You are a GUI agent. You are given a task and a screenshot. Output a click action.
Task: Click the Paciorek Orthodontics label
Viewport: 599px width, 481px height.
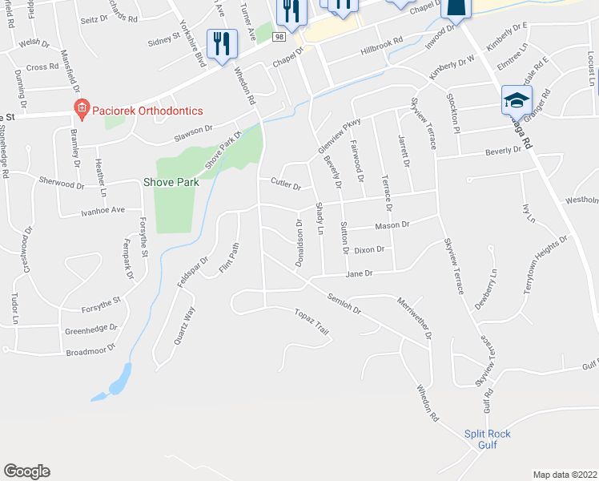pyautogui.click(x=147, y=111)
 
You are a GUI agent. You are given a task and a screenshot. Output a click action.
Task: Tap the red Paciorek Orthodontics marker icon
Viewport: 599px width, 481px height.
pyautogui.click(x=80, y=107)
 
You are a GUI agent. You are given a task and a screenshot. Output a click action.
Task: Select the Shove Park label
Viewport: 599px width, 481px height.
pyautogui.click(x=171, y=183)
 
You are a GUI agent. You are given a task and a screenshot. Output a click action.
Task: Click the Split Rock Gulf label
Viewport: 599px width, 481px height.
pyautogui.click(x=488, y=439)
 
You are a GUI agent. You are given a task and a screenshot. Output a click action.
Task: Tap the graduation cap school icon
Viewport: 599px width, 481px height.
pyautogui.click(x=517, y=100)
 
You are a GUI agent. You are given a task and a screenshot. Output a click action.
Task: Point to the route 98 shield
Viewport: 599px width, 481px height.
pyautogui.click(x=279, y=37)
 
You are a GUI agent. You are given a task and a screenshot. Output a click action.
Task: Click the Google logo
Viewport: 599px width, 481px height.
pyautogui.click(x=26, y=471)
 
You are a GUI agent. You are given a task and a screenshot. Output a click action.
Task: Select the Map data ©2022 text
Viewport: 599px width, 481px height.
pyautogui.click(x=565, y=474)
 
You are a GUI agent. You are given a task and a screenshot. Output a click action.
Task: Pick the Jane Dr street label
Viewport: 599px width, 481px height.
pyautogui.click(x=359, y=273)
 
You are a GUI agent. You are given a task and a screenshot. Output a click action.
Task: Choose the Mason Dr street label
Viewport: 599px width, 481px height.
pyautogui.click(x=392, y=225)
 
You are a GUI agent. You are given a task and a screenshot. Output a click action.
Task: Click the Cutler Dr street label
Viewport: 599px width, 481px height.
pyautogui.click(x=285, y=186)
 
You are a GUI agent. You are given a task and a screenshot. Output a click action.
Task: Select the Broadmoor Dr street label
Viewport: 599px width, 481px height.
pyautogui.click(x=90, y=350)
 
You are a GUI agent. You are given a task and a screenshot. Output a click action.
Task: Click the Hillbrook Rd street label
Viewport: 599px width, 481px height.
pyautogui.click(x=381, y=49)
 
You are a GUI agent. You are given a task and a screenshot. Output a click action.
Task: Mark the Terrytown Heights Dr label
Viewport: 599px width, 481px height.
pyautogui.click(x=545, y=268)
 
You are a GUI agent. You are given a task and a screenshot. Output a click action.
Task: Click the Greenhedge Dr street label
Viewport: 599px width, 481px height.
pyautogui.click(x=90, y=329)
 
